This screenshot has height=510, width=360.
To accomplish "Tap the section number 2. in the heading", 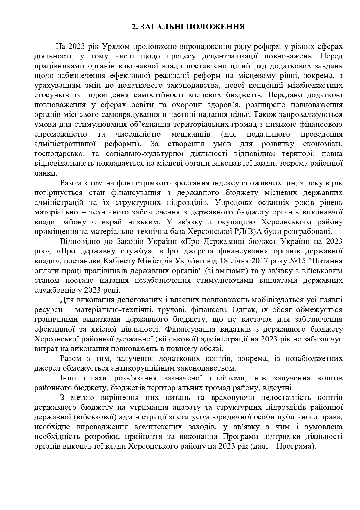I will (x=135, y=27).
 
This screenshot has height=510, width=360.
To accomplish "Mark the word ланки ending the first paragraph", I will (x=45, y=173).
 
